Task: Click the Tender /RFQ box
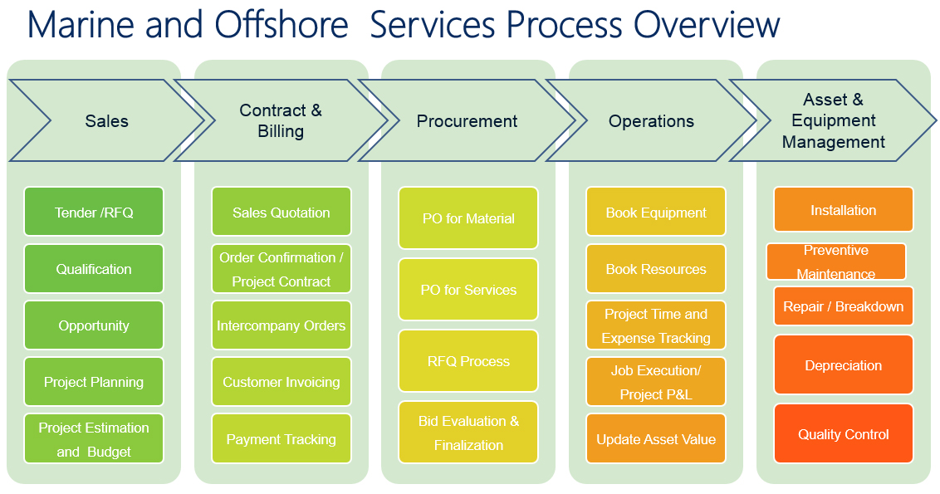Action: (94, 212)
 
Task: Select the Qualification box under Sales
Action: (94, 268)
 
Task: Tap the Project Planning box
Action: (94, 381)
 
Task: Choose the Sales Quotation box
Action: (282, 212)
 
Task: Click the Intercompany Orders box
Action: (282, 325)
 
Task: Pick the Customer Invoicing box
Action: (282, 381)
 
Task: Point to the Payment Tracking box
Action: (282, 438)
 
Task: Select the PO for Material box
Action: (468, 218)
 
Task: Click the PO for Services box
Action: (468, 290)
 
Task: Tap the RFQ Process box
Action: (468, 361)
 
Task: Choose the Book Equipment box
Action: (656, 212)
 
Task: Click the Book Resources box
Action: (656, 268)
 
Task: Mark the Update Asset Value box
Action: (656, 438)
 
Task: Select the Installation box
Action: (844, 209)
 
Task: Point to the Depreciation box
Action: (844, 364)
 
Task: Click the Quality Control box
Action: (844, 433)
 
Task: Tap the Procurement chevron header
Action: (467, 120)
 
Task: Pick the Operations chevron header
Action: (651, 120)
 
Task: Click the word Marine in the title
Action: (81, 25)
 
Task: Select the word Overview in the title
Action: (707, 25)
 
